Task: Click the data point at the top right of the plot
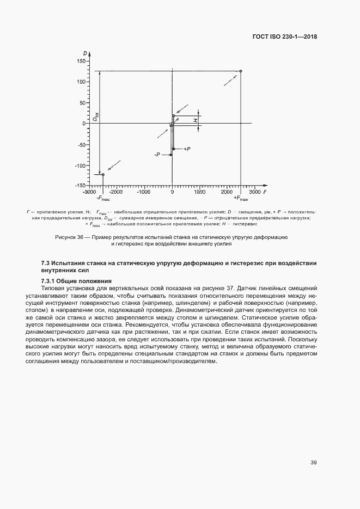[241, 71]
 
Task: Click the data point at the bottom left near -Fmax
[103, 174]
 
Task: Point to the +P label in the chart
[186, 149]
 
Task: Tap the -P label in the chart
[157, 155]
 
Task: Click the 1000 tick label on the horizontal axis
[200, 192]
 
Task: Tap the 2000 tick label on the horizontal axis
[228, 192]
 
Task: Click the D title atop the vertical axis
[86, 53]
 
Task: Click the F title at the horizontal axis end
[264, 192]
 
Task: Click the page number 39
[314, 463]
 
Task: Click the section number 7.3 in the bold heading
[46, 263]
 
